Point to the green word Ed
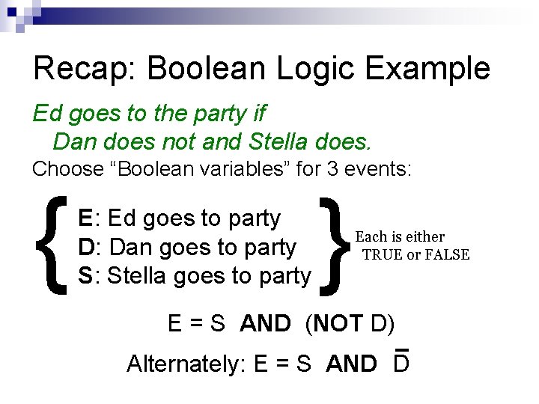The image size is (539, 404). [46, 114]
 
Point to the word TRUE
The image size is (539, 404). [382, 255]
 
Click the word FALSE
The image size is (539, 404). [447, 255]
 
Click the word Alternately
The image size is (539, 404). [186, 364]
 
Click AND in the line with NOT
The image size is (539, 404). [265, 323]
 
